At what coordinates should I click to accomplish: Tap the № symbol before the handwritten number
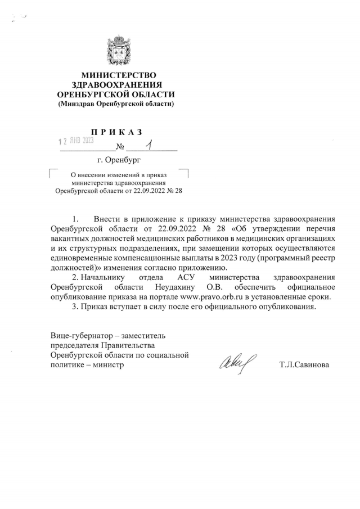point(120,148)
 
